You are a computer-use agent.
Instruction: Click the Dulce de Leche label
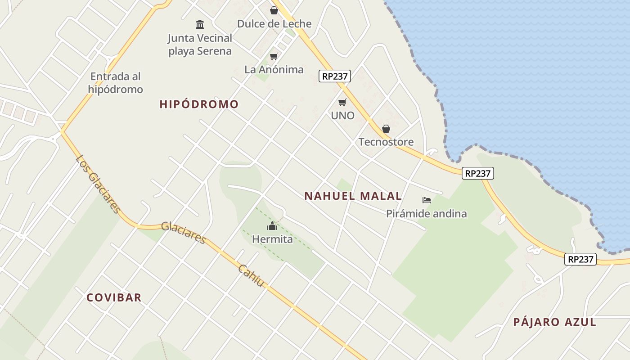click(274, 24)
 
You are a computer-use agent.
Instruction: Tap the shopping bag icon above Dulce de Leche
click(274, 10)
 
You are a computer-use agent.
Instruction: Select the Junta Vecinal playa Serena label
click(200, 45)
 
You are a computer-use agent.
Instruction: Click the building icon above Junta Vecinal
click(200, 24)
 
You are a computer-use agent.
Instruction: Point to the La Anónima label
click(274, 70)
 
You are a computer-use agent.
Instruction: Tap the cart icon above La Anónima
click(274, 56)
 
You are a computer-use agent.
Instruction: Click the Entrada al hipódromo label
click(116, 83)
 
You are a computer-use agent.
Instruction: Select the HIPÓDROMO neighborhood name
click(199, 104)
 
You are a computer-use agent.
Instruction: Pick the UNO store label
click(342, 116)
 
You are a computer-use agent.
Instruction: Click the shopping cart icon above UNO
click(342, 102)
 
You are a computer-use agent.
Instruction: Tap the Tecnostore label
click(386, 142)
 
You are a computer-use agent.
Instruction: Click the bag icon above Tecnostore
click(386, 129)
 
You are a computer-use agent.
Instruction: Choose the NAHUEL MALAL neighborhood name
click(353, 196)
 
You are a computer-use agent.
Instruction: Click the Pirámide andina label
click(426, 214)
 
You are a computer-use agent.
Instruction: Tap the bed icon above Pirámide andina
click(427, 200)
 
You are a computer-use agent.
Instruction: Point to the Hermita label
click(272, 239)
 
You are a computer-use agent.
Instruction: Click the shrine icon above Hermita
click(272, 226)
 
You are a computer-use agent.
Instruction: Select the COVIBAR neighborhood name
click(114, 297)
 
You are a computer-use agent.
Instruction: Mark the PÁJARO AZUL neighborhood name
click(554, 322)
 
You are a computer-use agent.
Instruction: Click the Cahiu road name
click(251, 276)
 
